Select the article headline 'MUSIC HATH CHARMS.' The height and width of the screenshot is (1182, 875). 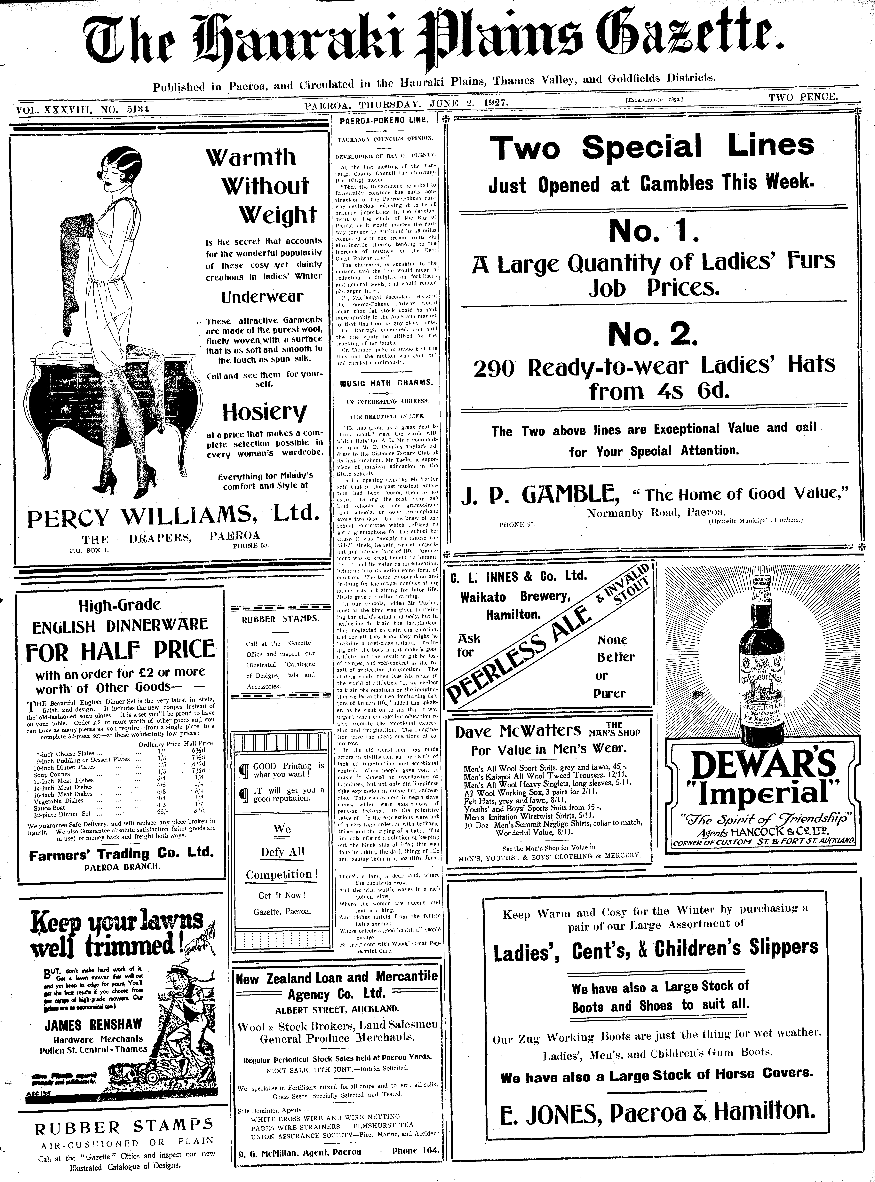(x=386, y=382)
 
